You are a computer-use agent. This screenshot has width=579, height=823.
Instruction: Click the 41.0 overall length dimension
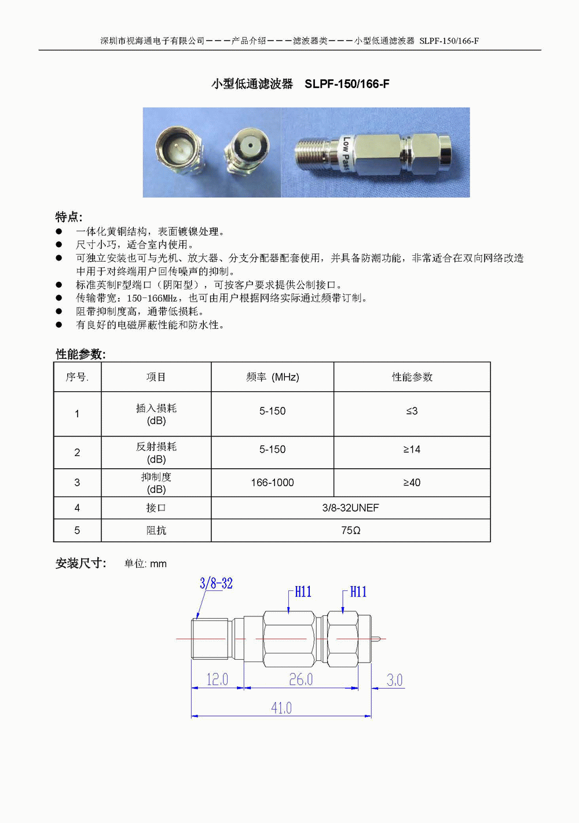point(281,708)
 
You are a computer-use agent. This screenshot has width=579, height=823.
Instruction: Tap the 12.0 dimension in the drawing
point(217,679)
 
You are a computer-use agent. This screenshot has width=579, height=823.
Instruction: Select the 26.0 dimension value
point(301,679)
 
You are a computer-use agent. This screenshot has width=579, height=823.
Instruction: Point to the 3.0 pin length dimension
point(394,680)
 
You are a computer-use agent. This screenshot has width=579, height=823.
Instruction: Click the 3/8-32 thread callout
point(216,583)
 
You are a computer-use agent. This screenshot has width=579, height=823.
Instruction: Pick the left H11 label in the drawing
point(303,591)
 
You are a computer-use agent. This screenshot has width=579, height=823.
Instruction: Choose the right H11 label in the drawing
point(358,591)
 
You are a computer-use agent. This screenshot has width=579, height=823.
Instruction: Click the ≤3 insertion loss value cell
point(412,411)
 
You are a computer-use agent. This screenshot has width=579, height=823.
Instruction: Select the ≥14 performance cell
point(412,449)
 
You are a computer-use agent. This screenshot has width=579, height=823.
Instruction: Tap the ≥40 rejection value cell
point(412,483)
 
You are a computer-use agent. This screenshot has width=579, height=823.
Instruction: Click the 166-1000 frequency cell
point(272,483)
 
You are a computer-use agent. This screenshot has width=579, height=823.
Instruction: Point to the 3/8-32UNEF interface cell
point(350,508)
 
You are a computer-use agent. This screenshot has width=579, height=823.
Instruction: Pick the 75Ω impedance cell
point(350,530)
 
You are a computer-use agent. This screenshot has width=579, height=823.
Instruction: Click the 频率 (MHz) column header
point(272,377)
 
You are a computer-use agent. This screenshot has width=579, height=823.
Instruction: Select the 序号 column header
point(77,377)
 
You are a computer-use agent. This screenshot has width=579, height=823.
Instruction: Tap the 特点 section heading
point(68,217)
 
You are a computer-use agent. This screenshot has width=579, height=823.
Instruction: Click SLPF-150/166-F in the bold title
point(347,84)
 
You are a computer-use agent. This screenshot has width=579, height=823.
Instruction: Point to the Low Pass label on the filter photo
point(345,153)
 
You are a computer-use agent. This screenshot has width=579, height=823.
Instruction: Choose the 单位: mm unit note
point(145,564)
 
